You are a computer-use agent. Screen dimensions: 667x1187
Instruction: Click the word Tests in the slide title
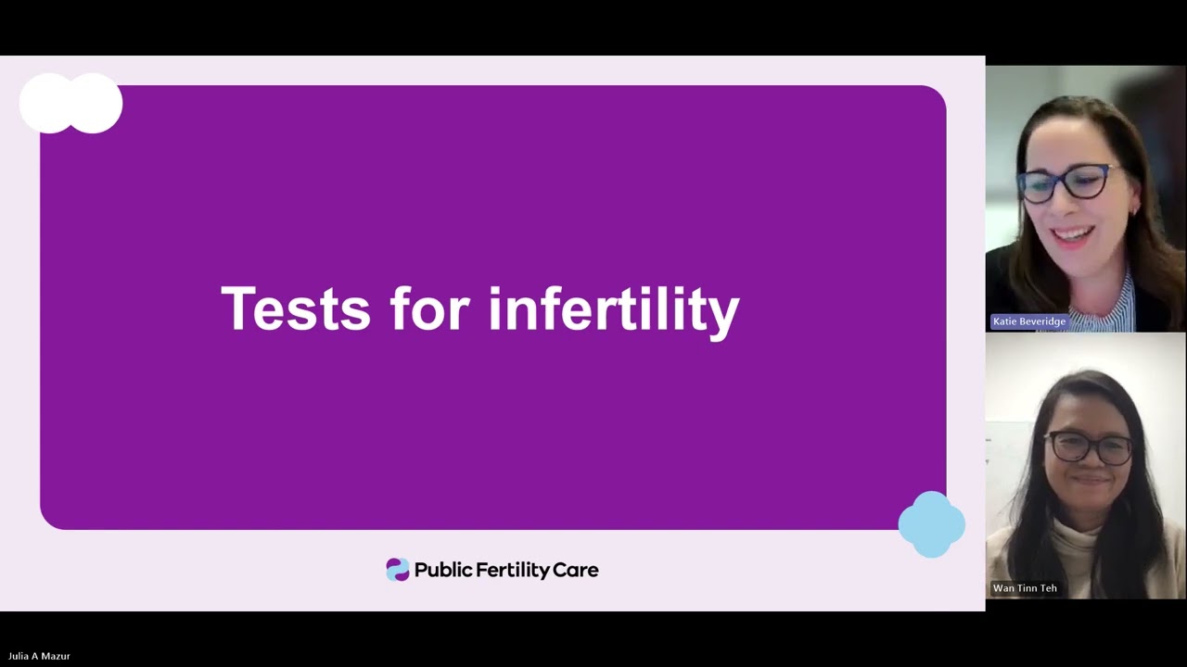tap(295, 308)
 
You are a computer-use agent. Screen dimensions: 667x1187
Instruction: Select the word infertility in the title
tap(613, 308)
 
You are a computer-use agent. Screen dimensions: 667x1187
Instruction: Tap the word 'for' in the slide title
tap(428, 308)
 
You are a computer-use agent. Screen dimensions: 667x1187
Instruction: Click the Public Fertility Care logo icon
tap(398, 570)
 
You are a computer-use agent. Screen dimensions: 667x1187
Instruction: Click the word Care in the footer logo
tap(576, 570)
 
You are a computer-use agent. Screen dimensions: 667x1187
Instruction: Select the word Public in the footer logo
tap(443, 570)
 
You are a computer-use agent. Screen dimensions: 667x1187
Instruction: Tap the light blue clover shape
tap(931, 524)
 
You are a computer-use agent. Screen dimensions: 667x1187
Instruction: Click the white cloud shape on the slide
tap(70, 103)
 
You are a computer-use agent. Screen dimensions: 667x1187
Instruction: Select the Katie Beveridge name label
tap(1029, 321)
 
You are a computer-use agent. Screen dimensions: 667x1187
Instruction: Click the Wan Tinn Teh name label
tap(1025, 588)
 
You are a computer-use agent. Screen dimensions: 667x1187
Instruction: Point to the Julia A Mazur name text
tap(39, 656)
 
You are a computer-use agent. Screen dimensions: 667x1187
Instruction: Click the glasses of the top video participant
tap(1067, 182)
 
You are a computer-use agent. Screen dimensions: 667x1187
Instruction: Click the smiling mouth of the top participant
tap(1073, 236)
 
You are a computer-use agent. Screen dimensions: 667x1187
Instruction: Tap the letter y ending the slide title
tap(723, 313)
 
